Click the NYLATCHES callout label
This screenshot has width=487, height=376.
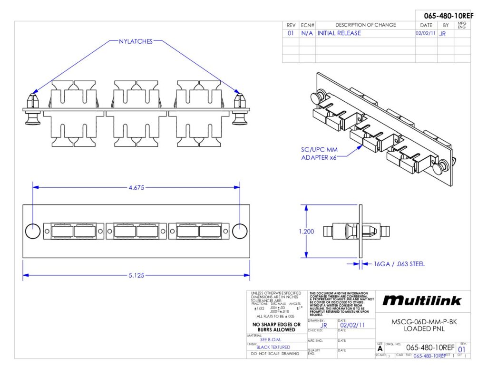click(136, 41)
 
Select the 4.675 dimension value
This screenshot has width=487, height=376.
click(137, 187)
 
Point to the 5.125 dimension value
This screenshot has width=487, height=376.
click(137, 275)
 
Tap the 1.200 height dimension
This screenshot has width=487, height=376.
click(306, 231)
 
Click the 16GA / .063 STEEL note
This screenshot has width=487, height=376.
click(399, 264)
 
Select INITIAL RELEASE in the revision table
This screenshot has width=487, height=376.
click(339, 33)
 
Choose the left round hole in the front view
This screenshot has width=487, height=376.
click(33, 231)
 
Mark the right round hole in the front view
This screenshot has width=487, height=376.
click(240, 231)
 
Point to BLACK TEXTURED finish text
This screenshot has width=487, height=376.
click(273, 347)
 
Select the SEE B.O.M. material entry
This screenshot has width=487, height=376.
click(271, 339)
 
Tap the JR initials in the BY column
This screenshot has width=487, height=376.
click(442, 34)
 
